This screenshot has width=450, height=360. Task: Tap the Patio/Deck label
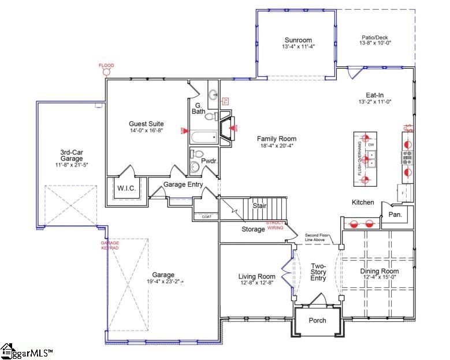coord(374,38)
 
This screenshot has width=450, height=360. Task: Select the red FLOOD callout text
coord(106,66)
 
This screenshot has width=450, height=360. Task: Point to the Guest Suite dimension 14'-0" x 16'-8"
coord(146,131)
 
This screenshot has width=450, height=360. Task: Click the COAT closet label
coord(206,217)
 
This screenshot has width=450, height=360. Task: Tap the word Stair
coord(258,205)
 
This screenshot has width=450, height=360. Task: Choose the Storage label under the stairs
coord(253,229)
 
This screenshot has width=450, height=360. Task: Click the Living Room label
coord(257,276)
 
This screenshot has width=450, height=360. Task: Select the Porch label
coord(317,320)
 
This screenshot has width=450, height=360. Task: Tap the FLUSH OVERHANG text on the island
coord(359,158)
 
